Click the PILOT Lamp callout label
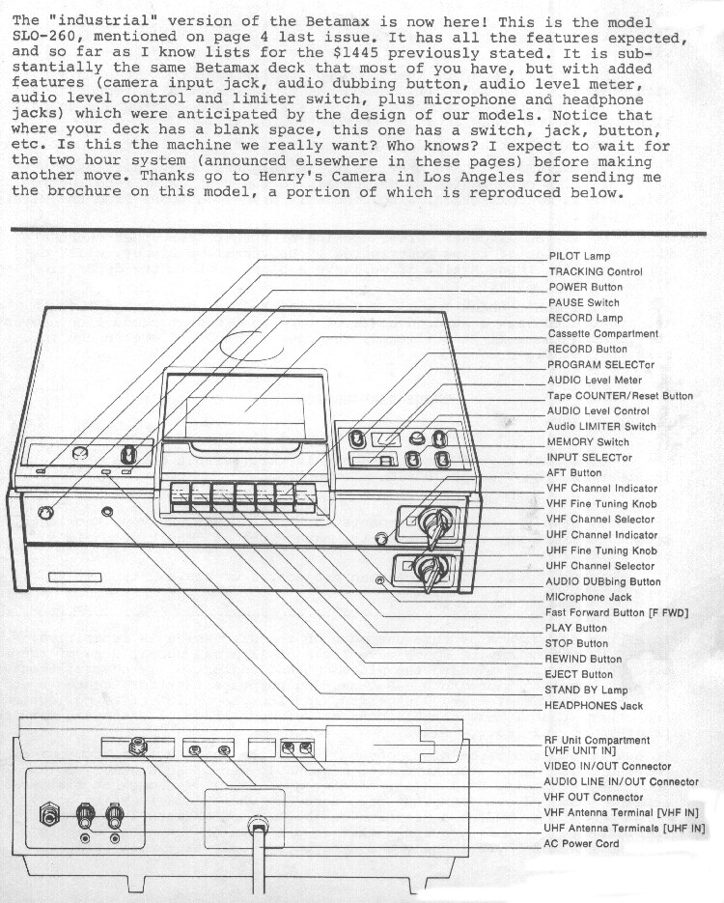point(579,256)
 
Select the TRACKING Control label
point(595,271)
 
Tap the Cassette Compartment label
point(602,333)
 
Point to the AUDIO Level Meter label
point(595,381)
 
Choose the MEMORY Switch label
point(588,441)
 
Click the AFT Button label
point(573,473)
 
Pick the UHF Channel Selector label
point(600,566)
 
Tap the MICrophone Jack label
point(588,597)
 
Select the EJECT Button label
point(578,674)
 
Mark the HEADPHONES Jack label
point(594,705)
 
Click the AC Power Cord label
point(581,844)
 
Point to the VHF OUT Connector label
point(594,798)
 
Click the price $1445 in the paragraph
point(355,53)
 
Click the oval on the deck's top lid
point(252,345)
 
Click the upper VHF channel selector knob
point(434,524)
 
